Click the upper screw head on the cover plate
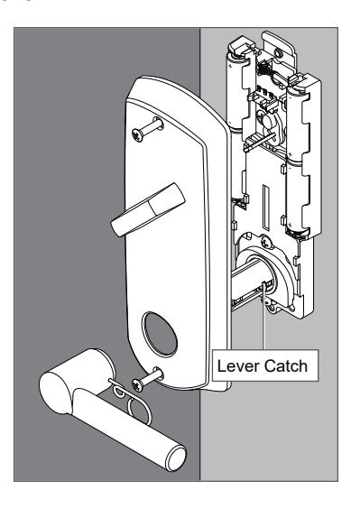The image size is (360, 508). [x=137, y=134]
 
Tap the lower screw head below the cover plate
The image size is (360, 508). [x=137, y=385]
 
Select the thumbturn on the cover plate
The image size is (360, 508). [x=148, y=209]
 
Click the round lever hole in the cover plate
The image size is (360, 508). [x=160, y=334]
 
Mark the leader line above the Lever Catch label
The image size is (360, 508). [x=264, y=317]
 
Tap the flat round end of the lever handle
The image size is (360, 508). [x=177, y=458]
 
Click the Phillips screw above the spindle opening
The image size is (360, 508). [x=266, y=241]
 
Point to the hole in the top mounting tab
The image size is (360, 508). [x=278, y=53]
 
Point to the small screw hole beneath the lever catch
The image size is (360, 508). [x=272, y=308]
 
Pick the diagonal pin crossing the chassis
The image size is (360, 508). [x=261, y=142]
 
